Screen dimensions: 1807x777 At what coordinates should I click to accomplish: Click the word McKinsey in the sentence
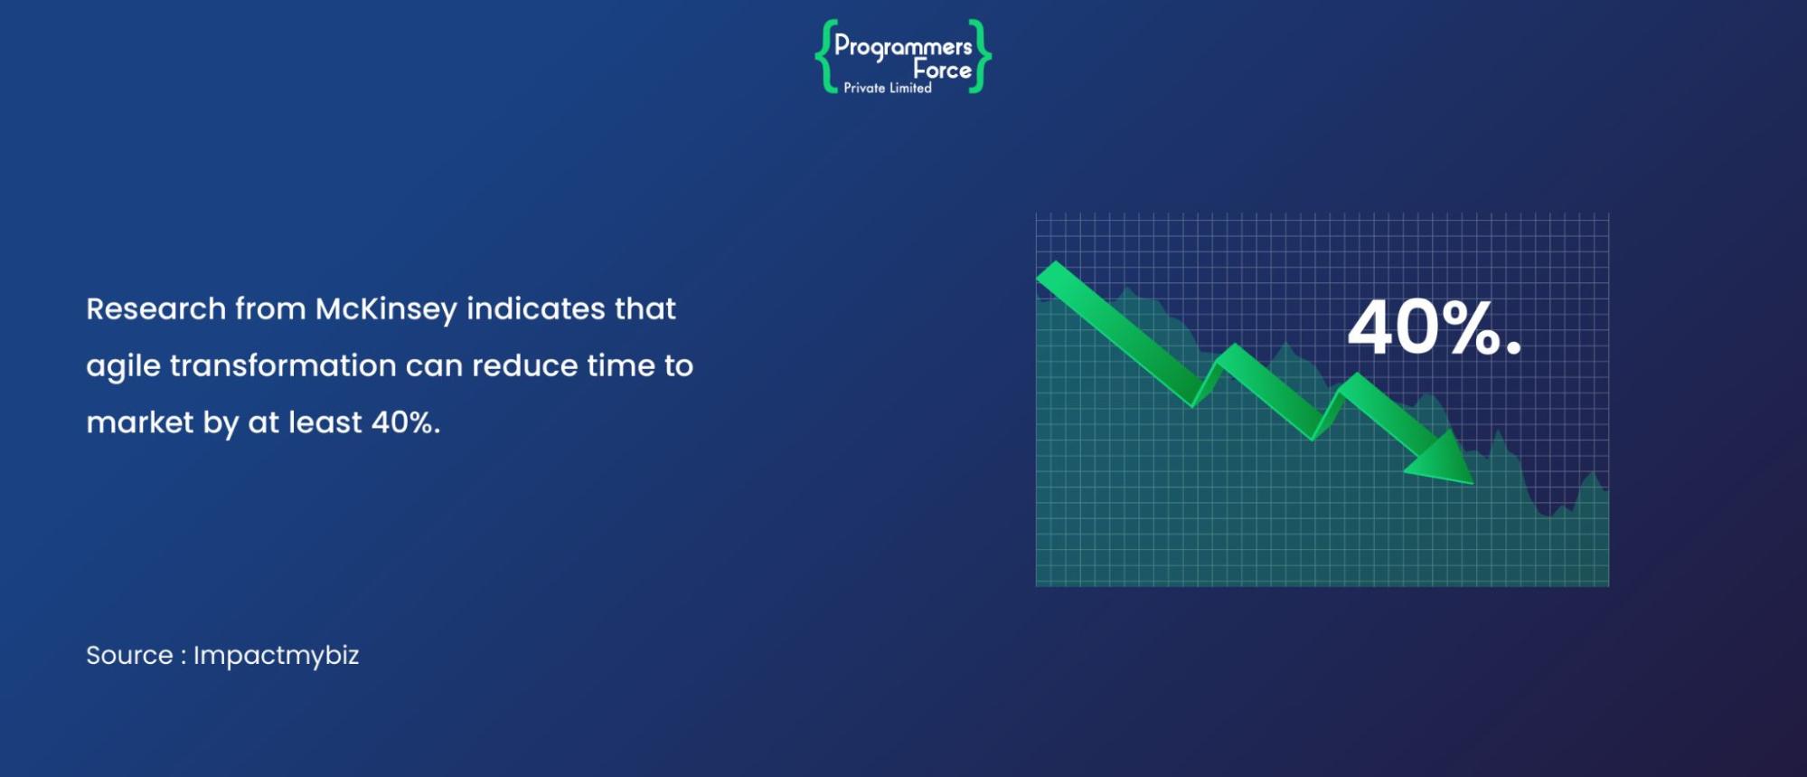pos(386,309)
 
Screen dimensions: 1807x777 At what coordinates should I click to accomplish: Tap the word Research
pos(156,308)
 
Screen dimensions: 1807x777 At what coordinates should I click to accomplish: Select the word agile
pos(123,366)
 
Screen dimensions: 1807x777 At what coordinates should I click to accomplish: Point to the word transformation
pos(283,365)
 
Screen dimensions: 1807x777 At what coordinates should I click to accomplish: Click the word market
pos(140,422)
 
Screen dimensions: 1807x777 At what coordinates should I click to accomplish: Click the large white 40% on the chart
pos(1423,327)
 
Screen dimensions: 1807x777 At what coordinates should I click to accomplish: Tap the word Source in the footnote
pos(129,655)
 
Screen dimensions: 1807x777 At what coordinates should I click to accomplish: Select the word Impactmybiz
pos(277,656)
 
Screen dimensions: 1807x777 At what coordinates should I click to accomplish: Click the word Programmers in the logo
pos(903,46)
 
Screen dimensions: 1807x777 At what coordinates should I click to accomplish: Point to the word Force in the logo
pos(942,70)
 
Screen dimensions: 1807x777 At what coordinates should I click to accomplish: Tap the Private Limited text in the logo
pos(888,88)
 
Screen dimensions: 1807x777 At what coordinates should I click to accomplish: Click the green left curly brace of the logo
pos(824,56)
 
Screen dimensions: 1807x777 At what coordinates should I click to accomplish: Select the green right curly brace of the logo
pos(980,56)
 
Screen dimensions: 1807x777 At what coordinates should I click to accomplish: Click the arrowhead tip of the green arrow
pos(1473,484)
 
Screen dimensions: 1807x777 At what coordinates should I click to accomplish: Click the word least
pos(325,422)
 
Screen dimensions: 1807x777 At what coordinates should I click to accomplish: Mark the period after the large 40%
pos(1514,346)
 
